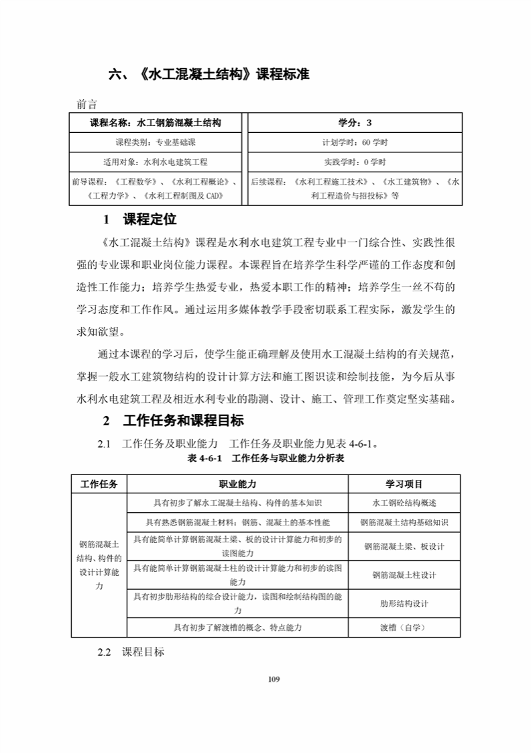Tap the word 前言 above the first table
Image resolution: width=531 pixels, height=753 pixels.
(87, 104)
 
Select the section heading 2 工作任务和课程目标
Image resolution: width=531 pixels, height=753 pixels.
(173, 421)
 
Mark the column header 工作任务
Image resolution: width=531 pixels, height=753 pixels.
(99, 484)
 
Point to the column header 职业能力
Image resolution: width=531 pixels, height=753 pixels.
(237, 484)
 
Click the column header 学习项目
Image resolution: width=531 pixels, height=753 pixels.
(404, 484)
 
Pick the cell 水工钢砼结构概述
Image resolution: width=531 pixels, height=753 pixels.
(404, 503)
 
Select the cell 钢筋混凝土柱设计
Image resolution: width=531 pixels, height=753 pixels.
(404, 574)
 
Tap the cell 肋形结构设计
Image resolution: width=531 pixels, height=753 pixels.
(404, 603)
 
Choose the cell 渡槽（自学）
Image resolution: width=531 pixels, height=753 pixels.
(404, 627)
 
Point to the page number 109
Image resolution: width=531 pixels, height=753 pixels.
(274, 679)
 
